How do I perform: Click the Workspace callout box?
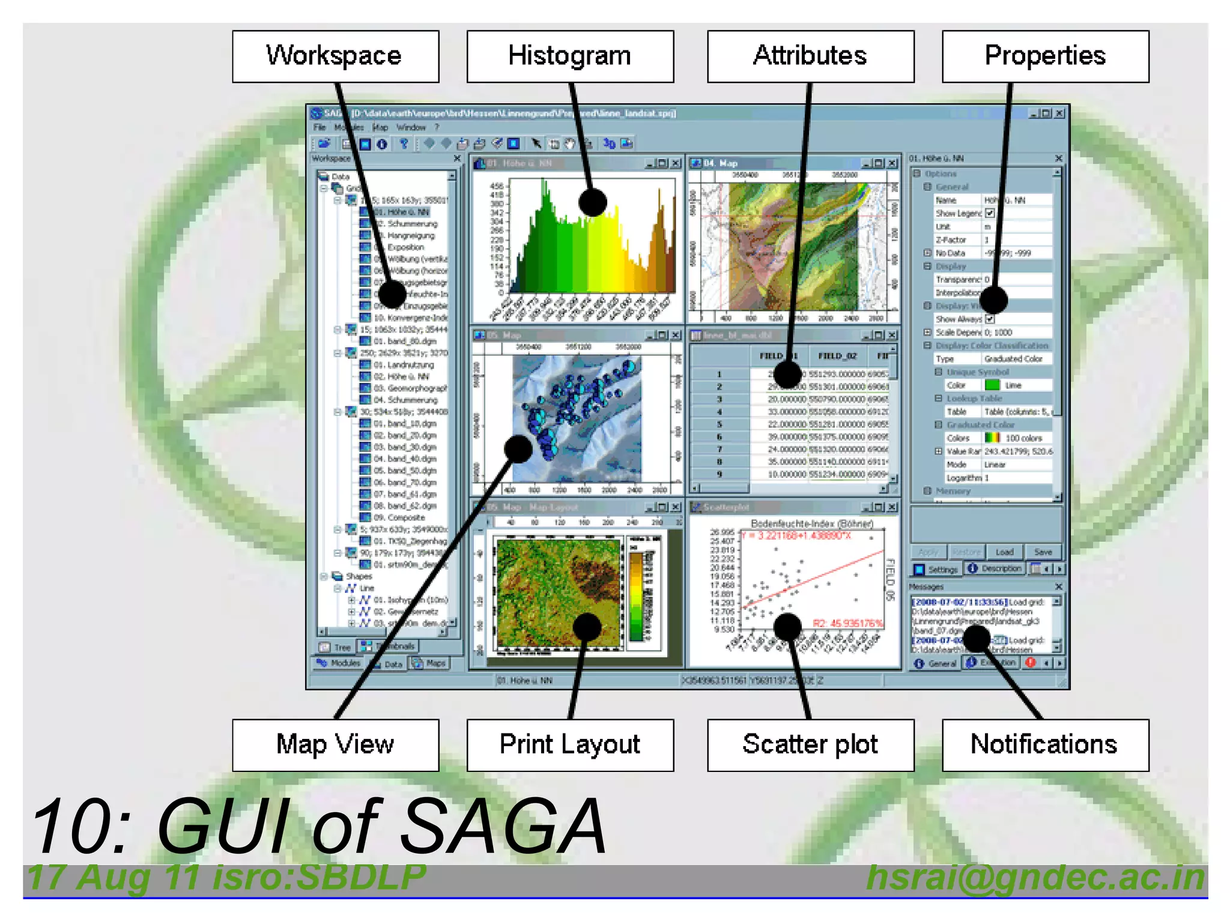click(x=335, y=56)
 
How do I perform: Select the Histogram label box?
click(x=570, y=56)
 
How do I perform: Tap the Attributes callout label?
click(x=810, y=56)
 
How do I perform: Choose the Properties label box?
click(x=1045, y=56)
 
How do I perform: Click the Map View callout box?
click(x=335, y=745)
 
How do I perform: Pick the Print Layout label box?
click(x=570, y=745)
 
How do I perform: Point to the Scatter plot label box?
click(x=810, y=745)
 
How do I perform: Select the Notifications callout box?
click(x=1045, y=745)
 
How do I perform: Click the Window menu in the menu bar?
click(x=411, y=128)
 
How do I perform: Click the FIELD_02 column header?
click(x=837, y=356)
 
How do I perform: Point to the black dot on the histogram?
click(x=593, y=202)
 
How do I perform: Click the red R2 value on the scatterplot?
click(x=847, y=624)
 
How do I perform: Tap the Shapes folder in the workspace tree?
click(x=358, y=576)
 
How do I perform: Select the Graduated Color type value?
click(x=1013, y=359)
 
